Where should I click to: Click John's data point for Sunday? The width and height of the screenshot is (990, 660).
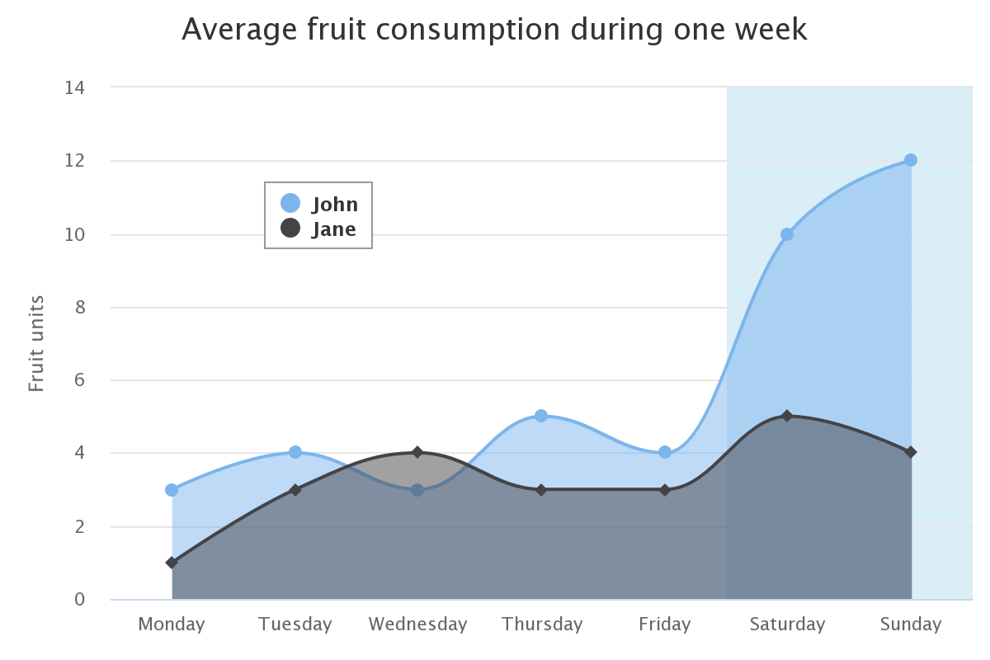tap(911, 160)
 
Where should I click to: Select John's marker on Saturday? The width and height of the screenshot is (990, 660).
tap(787, 234)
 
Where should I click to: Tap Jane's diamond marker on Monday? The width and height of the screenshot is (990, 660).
tap(172, 563)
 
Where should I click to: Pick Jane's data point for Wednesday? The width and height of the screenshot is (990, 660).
tap(417, 452)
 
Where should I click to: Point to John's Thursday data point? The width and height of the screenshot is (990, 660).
tap(541, 416)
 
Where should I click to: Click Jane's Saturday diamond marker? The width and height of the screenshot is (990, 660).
tap(787, 416)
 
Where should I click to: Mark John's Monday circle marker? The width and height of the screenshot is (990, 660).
tap(172, 490)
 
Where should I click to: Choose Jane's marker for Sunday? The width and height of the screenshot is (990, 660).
tap(911, 452)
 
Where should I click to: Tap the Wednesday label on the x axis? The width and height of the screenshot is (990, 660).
tap(417, 625)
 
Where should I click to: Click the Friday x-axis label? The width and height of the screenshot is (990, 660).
tap(665, 625)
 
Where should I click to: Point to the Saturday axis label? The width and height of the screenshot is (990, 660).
tap(787, 625)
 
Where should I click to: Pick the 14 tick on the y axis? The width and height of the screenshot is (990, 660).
tap(75, 87)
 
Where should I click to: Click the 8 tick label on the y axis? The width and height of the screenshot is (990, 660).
tap(80, 307)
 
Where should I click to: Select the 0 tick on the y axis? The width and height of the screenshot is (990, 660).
tap(80, 599)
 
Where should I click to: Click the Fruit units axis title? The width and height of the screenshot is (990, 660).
tap(36, 343)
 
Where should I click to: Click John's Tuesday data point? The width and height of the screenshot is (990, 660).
tap(295, 452)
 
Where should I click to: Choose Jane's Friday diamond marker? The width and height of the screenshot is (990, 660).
tap(665, 490)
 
